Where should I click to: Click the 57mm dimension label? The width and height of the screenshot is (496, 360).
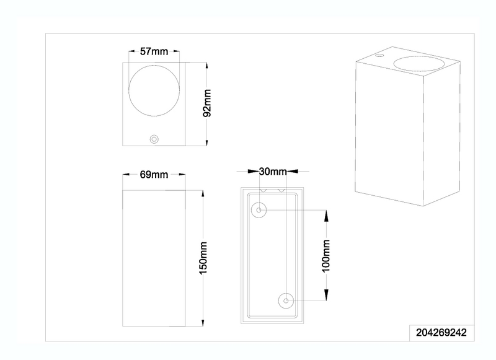coord(154,51)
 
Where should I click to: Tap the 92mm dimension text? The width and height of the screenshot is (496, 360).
coord(207,103)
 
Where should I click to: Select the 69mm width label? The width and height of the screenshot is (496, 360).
coord(154,175)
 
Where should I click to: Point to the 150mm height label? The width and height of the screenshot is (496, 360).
coord(203,258)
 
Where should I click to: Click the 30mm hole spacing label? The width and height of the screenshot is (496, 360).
coord(273,172)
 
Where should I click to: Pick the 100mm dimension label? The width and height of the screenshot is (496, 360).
coord(326,256)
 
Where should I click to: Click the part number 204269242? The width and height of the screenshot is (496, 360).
coord(441,333)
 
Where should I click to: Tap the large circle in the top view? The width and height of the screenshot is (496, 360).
coord(154,66)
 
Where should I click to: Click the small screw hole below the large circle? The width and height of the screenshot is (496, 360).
coord(154,139)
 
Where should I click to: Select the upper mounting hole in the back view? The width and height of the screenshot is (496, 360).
coord(259,210)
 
